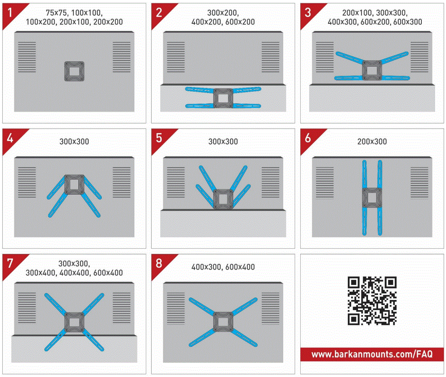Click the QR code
coord(372,301)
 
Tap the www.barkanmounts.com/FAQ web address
coord(372,354)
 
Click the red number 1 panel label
coord(11,12)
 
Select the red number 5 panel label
coord(159,138)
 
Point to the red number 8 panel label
coord(159,263)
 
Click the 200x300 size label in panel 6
coord(372,142)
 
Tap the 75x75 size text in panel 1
coord(56,13)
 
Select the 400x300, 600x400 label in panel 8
coord(223,267)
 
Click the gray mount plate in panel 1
coord(74,71)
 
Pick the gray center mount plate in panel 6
coord(372,197)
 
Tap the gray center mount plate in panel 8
coord(223,322)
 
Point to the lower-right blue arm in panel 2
coord(246,106)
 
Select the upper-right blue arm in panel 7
coord(93,304)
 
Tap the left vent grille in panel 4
coord(27,182)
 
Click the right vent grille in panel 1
coord(122,57)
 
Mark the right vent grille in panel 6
coord(419,182)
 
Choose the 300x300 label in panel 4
coord(74,142)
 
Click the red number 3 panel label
coord(308,12)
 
